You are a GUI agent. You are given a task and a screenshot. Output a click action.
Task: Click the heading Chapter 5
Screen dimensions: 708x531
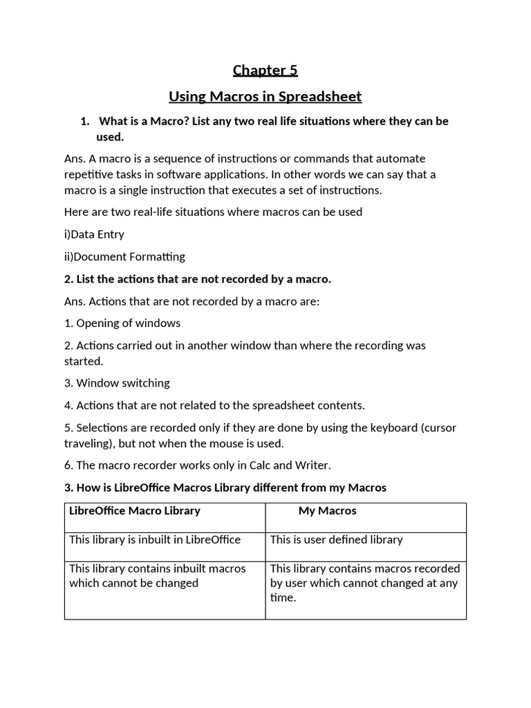tap(265, 70)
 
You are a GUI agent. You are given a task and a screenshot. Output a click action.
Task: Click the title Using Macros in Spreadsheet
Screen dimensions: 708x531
tap(265, 96)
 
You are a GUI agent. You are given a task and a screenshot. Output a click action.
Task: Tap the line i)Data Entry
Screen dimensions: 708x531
tap(94, 234)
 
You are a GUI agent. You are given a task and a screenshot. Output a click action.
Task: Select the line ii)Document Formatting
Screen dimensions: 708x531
tap(124, 257)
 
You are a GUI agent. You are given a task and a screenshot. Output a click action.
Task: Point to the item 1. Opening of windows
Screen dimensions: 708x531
tap(122, 323)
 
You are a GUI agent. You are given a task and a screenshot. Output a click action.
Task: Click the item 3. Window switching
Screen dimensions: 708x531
tap(117, 383)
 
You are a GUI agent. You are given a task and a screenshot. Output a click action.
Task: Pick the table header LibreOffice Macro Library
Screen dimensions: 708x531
tap(135, 511)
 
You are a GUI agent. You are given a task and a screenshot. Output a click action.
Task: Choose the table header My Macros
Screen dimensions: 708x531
tap(327, 511)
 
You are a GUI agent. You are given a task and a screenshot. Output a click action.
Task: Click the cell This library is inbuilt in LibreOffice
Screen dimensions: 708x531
tap(155, 540)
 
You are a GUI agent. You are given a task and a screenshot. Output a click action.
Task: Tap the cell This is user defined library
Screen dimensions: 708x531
tap(336, 540)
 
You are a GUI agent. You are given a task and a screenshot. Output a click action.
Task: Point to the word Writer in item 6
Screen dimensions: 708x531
tap(322, 465)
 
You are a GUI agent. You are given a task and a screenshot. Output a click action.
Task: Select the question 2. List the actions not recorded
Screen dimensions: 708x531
tap(198, 279)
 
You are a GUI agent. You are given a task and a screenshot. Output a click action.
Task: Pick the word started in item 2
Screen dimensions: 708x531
tap(83, 361)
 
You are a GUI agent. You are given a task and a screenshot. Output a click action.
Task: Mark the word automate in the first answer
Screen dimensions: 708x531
tap(403, 159)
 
